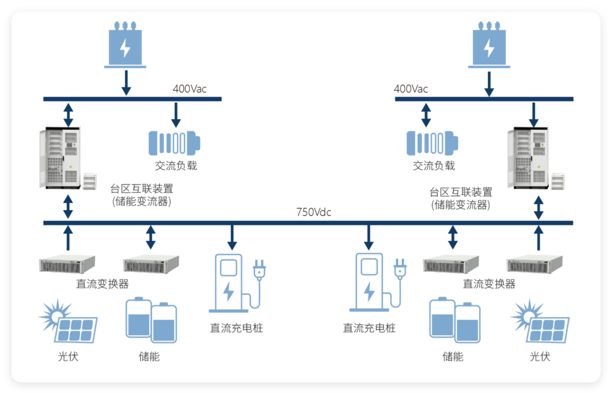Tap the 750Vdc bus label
(x=314, y=212)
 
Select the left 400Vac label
(x=189, y=89)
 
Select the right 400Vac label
(x=411, y=89)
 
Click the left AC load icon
(x=174, y=143)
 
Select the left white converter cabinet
(x=62, y=158)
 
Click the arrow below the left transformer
(x=126, y=84)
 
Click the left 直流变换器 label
(x=102, y=284)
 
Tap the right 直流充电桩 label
(x=369, y=328)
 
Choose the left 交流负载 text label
(x=176, y=166)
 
